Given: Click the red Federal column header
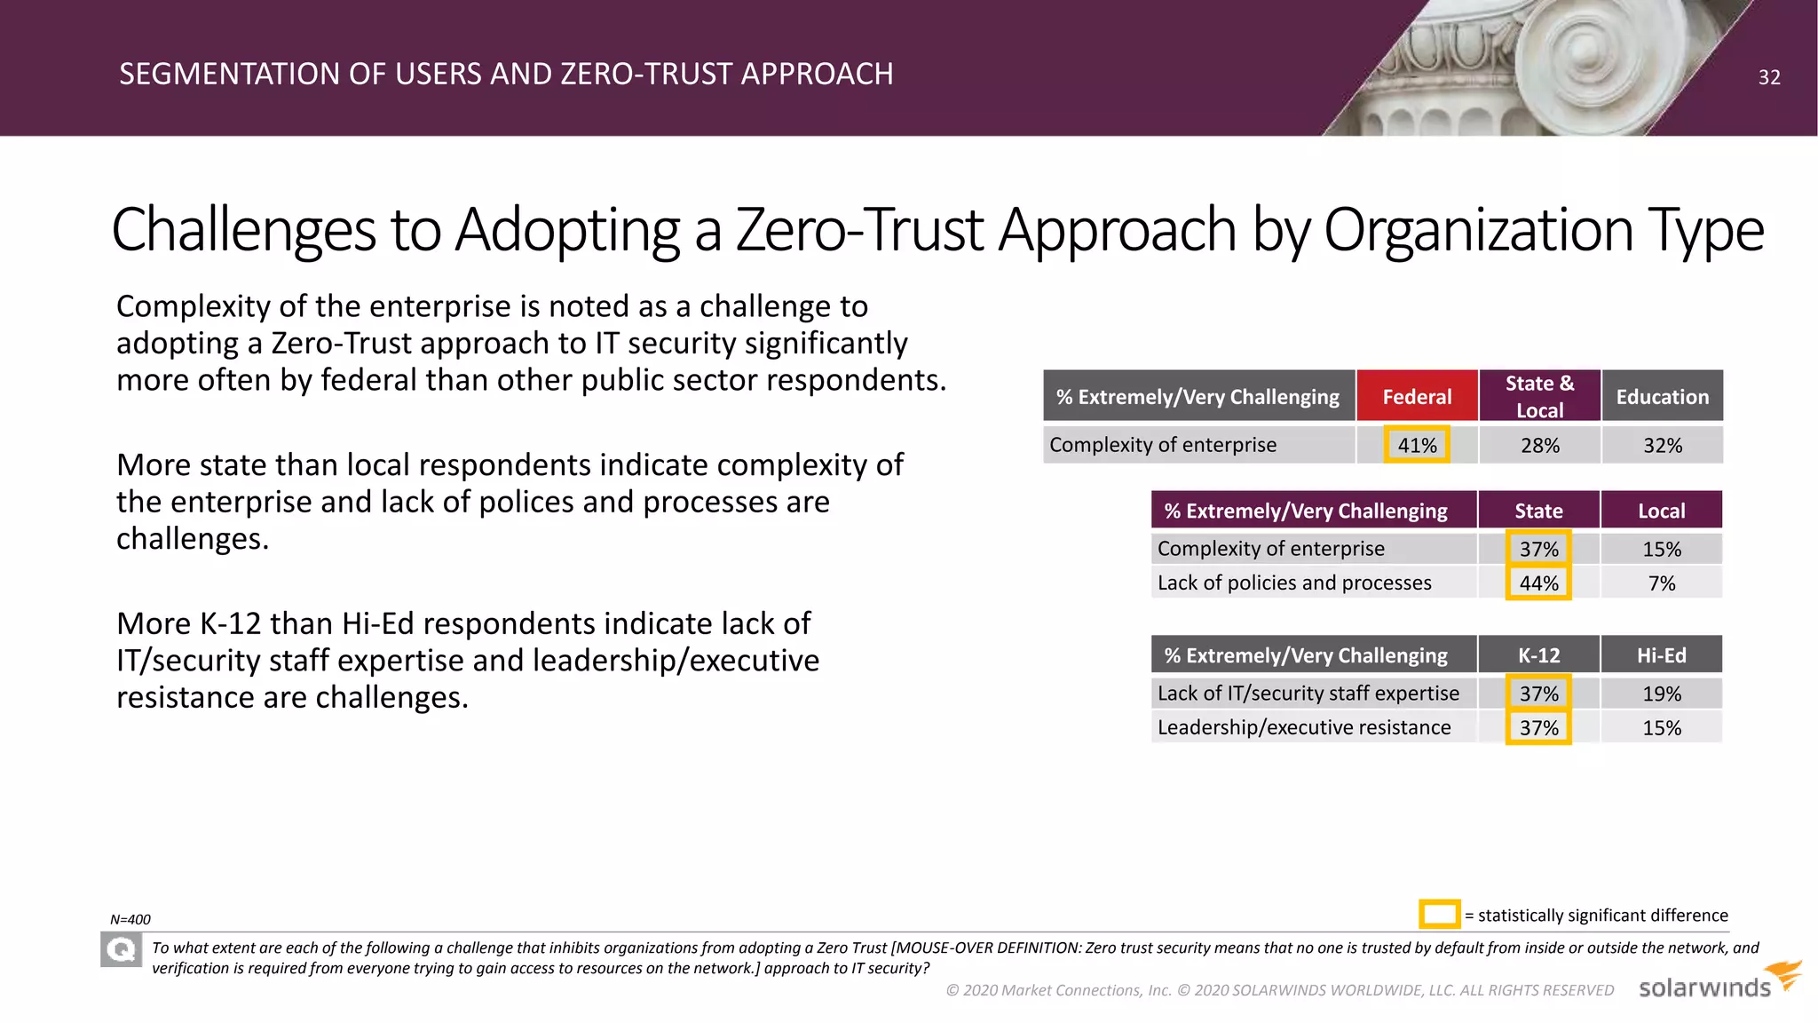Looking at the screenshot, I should click(x=1417, y=396).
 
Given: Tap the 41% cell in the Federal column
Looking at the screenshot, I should click(x=1417, y=445).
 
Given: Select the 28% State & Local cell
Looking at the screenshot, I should click(x=1539, y=445).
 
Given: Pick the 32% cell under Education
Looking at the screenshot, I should click(x=1662, y=445).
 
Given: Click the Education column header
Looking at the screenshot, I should click(x=1662, y=396).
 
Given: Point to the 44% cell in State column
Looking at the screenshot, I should click(x=1538, y=583).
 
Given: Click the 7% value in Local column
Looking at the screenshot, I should click(x=1661, y=583).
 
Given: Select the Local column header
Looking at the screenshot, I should click(x=1661, y=511).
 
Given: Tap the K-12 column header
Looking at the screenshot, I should click(x=1538, y=655).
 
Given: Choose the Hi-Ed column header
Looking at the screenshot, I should click(x=1661, y=655).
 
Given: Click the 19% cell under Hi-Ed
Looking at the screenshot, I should click(x=1661, y=694).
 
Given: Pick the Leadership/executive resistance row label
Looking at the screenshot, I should click(x=1303, y=727).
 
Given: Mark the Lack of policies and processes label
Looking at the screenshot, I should click(x=1293, y=583).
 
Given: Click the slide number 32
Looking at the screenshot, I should click(x=1768, y=77).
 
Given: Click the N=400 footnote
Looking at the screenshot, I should click(x=130, y=920).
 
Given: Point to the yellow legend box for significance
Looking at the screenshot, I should click(x=1439, y=914).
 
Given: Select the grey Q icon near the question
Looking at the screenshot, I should click(x=121, y=950).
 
